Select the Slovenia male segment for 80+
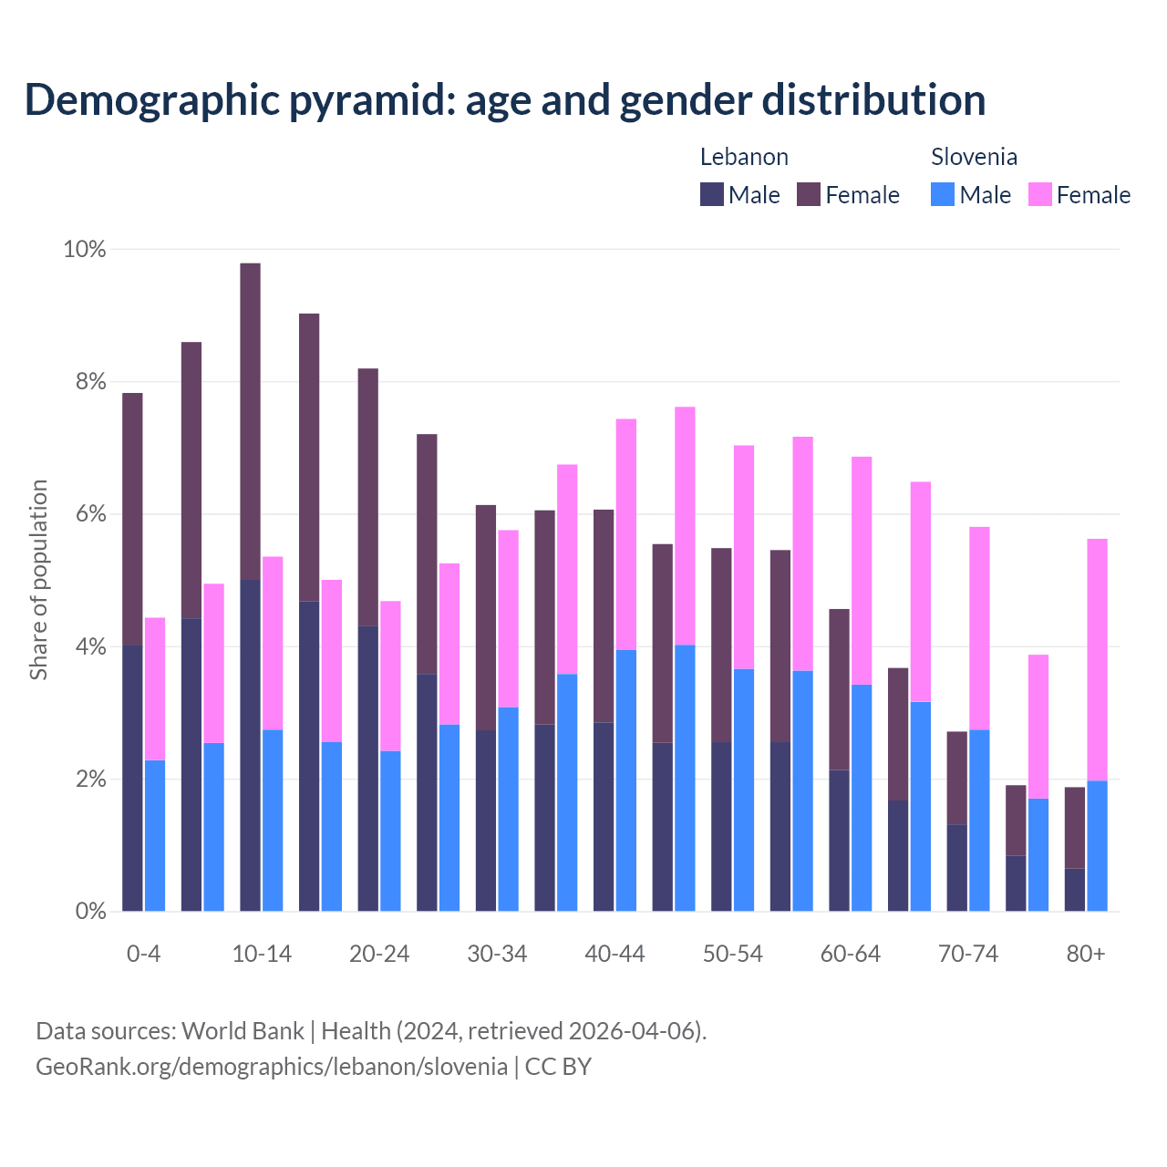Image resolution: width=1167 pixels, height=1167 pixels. point(1097,845)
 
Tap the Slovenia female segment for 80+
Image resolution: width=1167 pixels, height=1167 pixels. point(1097,659)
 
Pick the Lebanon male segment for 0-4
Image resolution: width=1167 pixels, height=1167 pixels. point(132,778)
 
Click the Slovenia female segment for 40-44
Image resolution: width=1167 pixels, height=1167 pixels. point(626,534)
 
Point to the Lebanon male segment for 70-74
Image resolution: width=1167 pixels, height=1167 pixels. point(956,867)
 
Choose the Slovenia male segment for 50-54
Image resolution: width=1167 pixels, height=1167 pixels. point(744,790)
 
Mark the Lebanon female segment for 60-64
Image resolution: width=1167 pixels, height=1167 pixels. point(839,689)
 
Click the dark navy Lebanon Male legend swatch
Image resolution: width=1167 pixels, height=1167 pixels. point(712,194)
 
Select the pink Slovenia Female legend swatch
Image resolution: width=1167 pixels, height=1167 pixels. point(1040,194)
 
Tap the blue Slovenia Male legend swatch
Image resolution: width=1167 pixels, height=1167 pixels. point(943,194)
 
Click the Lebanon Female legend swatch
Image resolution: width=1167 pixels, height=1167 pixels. point(809,194)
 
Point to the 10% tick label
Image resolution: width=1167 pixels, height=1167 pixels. point(85,249)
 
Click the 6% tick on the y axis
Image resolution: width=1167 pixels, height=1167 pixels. point(90,514)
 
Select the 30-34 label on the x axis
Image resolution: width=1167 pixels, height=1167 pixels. point(497,954)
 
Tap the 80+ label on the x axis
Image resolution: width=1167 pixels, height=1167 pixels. point(1086,954)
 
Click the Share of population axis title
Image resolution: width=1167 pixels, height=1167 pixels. point(38,580)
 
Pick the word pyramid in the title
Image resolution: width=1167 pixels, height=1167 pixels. point(373,100)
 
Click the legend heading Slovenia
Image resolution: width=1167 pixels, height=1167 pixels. point(974,157)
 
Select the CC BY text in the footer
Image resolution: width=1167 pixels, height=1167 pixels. point(558,1066)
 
